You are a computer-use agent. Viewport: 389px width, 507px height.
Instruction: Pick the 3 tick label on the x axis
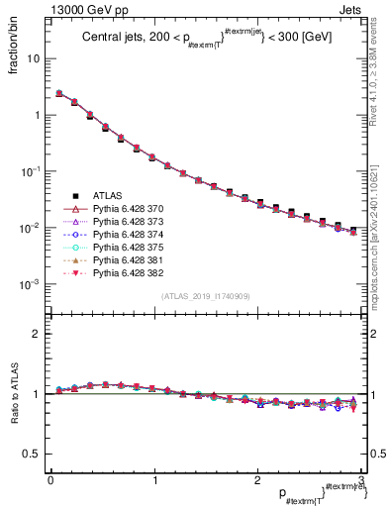360,480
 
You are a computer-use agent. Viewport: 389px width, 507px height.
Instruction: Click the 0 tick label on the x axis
49,480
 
